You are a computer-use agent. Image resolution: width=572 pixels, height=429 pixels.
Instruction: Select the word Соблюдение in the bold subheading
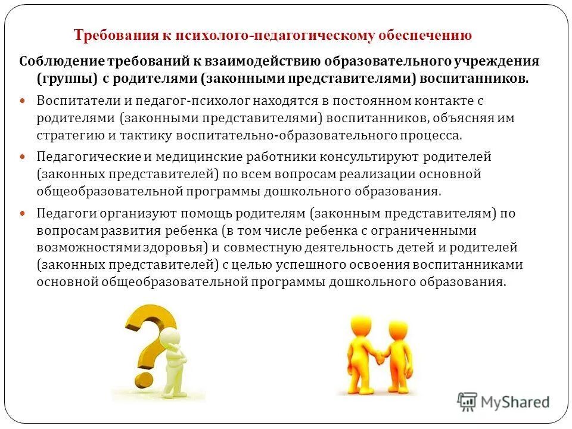coord(62,61)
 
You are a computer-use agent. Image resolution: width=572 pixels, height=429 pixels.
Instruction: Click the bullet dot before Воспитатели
coord(23,102)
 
